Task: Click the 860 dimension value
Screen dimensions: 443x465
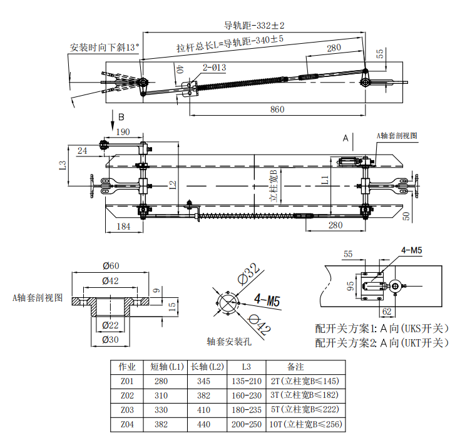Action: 277,109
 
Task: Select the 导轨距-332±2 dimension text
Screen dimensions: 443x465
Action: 254,26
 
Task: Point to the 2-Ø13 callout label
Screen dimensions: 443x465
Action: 214,67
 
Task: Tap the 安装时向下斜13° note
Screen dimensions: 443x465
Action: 105,48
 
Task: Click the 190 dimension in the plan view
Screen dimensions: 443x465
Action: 123,131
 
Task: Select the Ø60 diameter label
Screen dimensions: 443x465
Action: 111,266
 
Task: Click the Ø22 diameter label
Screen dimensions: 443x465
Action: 111,325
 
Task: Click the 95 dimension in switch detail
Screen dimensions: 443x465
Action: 351,287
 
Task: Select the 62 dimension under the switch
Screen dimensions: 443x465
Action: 386,310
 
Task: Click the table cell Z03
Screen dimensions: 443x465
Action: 126,409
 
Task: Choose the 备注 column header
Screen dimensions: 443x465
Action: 295,366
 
